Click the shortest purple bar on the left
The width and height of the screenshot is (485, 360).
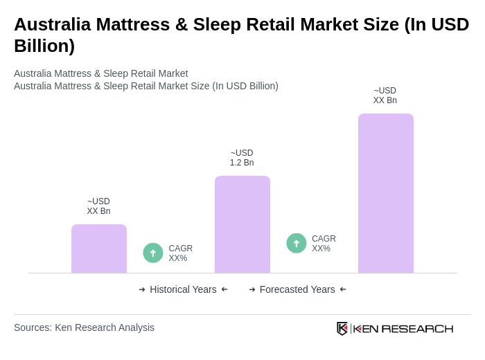99,249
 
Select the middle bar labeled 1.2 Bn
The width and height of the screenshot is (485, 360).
242,224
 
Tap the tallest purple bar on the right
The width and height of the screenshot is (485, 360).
385,193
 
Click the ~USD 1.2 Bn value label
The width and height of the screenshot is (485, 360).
242,158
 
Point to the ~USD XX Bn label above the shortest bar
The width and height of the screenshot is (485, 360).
98,206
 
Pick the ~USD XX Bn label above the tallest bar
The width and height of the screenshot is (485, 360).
385,96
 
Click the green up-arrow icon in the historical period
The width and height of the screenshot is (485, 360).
153,253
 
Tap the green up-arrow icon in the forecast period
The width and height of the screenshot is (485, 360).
297,243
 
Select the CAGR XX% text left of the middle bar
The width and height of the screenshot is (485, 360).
180,253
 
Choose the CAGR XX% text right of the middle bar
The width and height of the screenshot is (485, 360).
324,244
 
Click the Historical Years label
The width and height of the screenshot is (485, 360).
183,289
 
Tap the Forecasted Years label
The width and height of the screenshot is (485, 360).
297,289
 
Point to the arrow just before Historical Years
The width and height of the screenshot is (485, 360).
142,289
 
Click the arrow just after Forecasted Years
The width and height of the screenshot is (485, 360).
343,289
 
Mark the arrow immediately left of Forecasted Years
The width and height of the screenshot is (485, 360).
252,289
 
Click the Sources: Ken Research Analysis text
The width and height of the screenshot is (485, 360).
84,327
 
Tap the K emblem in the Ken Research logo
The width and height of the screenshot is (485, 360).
342,328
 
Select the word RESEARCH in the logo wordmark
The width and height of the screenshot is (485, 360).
417,328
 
